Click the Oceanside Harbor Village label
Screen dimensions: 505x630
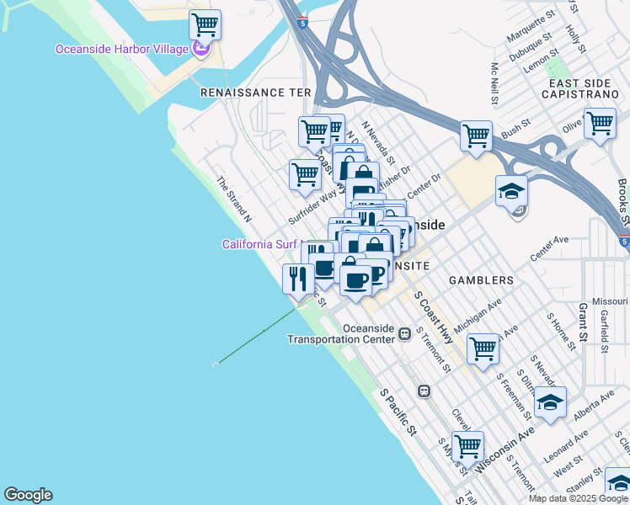(x=122, y=49)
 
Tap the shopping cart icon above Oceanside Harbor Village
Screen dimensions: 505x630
(x=205, y=25)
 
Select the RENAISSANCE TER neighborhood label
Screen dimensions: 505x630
(x=255, y=93)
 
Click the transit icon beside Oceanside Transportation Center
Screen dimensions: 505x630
(x=405, y=333)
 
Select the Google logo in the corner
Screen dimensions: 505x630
(x=28, y=495)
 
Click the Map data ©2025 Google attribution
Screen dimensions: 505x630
(x=578, y=498)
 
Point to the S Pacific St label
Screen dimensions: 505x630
(x=398, y=412)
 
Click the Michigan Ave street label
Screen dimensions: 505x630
(x=478, y=313)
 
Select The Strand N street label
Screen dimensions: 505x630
(x=235, y=199)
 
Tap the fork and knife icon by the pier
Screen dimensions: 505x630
(x=297, y=278)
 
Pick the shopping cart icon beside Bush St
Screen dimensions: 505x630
(x=476, y=135)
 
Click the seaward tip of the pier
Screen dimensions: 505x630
(x=216, y=364)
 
